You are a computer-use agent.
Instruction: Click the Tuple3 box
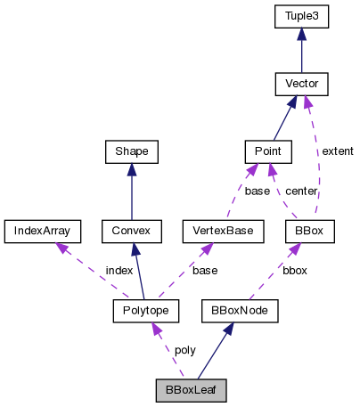click(302, 16)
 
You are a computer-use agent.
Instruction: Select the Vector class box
click(302, 85)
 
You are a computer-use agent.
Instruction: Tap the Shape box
click(131, 152)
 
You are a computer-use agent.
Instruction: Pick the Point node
click(268, 152)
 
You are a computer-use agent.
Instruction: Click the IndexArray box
click(42, 232)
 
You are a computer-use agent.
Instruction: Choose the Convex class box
click(131, 232)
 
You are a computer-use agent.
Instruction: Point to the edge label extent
click(337, 152)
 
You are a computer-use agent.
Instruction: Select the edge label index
click(119, 270)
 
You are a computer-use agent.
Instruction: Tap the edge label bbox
click(296, 270)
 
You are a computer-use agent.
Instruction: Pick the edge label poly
click(184, 350)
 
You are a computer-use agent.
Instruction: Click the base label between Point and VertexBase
click(258, 191)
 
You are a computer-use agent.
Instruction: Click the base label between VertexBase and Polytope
click(204, 270)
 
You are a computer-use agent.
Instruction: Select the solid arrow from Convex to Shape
click(131, 191)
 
